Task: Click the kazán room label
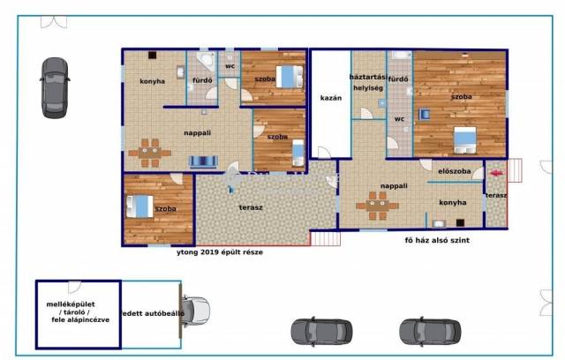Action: point(331,98)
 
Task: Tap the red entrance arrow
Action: point(496,173)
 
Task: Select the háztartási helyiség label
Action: point(368,82)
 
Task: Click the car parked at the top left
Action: point(55,87)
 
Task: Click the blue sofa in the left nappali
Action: point(203,161)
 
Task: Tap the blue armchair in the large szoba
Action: point(425,114)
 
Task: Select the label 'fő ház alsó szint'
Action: point(437,241)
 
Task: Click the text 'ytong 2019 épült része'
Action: point(220,252)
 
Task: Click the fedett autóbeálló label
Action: point(152,313)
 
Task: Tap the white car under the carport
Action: point(195,311)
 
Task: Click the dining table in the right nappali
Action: point(377,206)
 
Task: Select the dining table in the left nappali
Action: point(150,153)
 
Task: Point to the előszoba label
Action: point(455,171)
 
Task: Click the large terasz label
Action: point(251,207)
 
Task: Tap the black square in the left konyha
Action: point(153,55)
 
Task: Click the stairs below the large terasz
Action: point(326,239)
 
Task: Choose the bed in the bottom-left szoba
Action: point(139,206)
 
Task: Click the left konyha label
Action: point(152,81)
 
